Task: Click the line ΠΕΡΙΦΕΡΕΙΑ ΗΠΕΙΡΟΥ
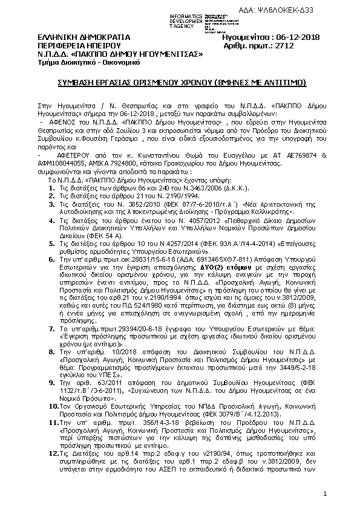(71, 45)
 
